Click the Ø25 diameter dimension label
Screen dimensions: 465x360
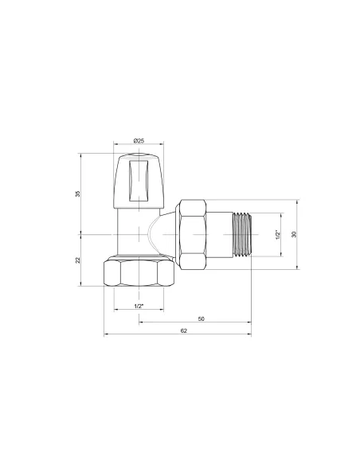138,141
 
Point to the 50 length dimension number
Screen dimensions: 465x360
201,318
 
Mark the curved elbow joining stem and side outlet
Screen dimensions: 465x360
161,232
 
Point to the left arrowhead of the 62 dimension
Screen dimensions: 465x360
107,334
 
